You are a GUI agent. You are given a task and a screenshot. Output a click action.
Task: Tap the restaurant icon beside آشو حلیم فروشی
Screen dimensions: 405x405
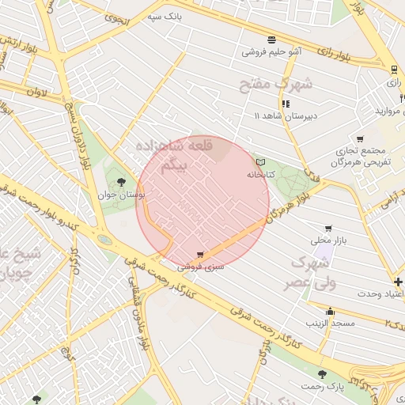pyautogui.click(x=272, y=39)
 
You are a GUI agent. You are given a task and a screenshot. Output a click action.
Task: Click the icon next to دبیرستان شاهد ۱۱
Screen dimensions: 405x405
pyautogui.click(x=285, y=103)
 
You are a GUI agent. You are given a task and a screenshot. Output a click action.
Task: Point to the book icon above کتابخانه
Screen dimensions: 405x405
pyautogui.click(x=260, y=161)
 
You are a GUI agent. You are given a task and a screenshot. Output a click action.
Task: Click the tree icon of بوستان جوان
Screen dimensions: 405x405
pyautogui.click(x=120, y=182)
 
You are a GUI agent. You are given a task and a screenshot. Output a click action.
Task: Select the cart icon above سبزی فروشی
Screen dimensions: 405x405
pyautogui.click(x=199, y=255)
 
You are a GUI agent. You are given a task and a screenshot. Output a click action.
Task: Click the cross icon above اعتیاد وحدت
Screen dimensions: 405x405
pyautogui.click(x=398, y=282)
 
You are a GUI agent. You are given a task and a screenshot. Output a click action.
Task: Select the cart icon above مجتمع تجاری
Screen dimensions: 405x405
pyautogui.click(x=360, y=139)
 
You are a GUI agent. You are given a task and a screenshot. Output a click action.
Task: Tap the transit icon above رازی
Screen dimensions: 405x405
pyautogui.click(x=393, y=70)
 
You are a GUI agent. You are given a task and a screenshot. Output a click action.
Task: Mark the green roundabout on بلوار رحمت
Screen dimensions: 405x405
pyautogui.click(x=104, y=239)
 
